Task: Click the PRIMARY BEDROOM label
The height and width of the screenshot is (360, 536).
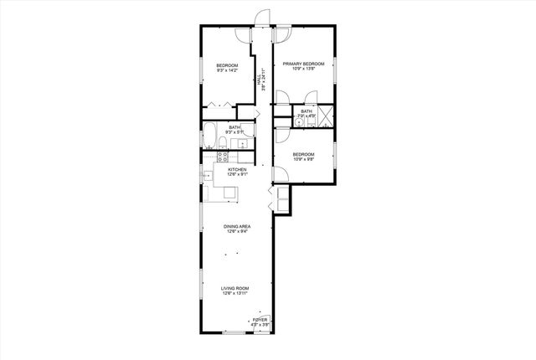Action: [302, 64]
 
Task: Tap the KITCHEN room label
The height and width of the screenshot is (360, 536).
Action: [237, 169]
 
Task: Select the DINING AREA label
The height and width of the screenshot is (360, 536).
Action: [237, 226]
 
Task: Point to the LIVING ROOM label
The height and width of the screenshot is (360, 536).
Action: [236, 288]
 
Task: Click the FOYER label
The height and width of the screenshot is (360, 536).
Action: [260, 320]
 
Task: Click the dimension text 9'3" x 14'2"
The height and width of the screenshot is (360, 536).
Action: [227, 71]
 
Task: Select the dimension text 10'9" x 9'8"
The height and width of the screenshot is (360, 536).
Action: [303, 159]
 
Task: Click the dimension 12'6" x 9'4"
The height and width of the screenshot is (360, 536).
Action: [237, 232]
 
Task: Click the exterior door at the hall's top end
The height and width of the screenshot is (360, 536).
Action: [265, 18]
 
